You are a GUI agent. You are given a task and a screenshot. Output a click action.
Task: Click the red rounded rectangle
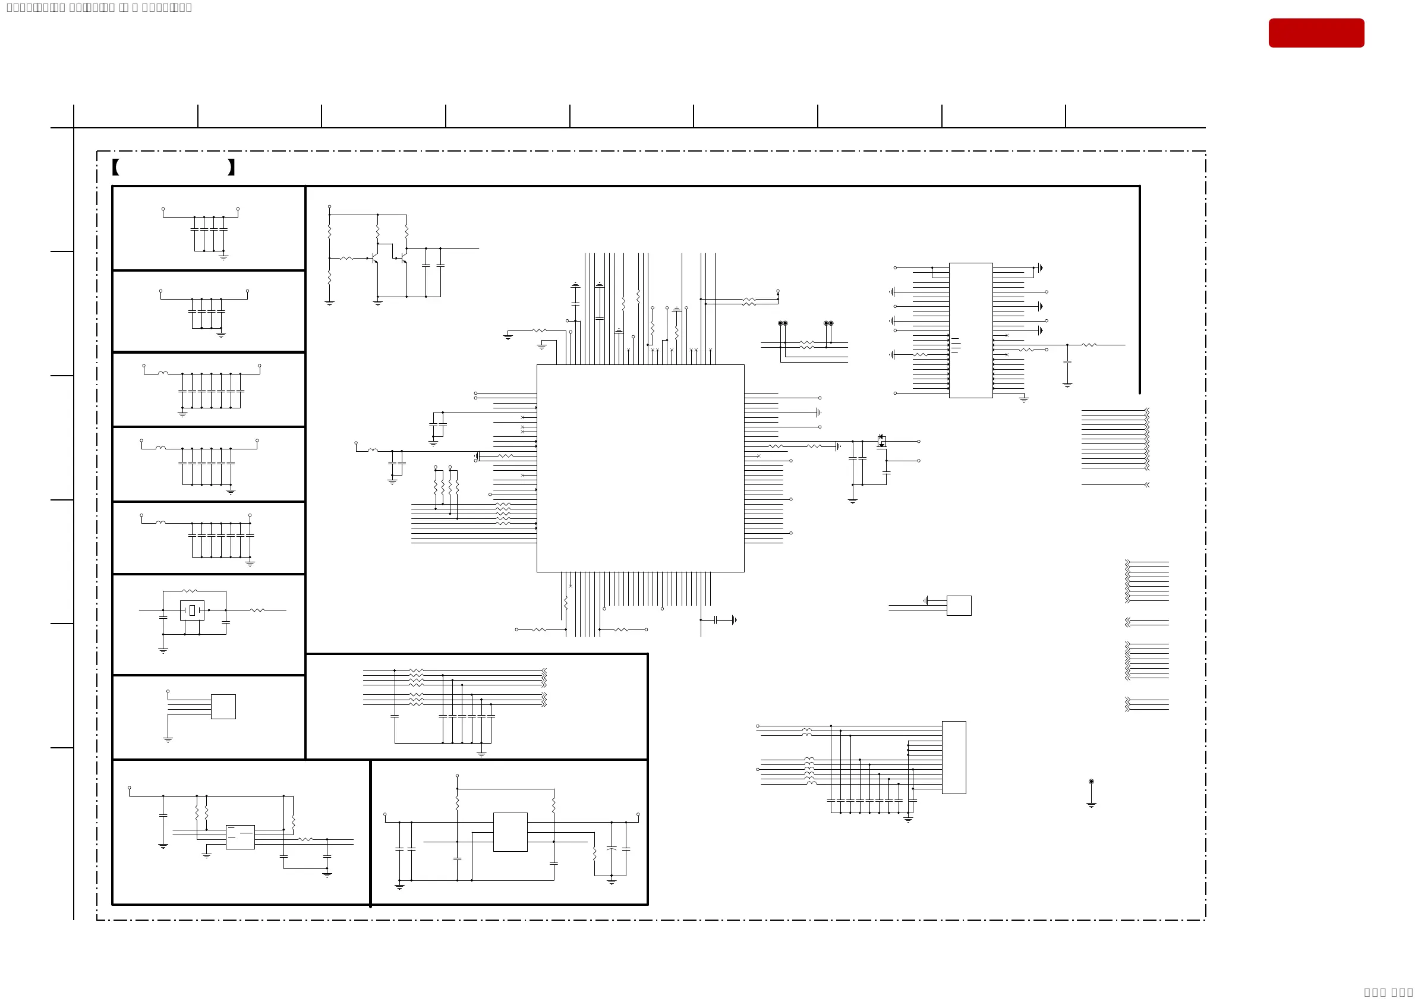click(1316, 33)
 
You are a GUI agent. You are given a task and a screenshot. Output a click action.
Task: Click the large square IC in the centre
click(639, 468)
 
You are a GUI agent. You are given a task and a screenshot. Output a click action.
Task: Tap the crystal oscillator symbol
click(192, 610)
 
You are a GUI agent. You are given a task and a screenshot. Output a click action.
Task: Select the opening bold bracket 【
click(115, 167)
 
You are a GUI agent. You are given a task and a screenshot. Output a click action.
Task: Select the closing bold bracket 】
click(231, 167)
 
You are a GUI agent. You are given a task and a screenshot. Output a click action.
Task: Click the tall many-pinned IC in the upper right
click(970, 330)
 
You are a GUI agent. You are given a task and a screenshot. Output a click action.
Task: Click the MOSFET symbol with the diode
click(881, 441)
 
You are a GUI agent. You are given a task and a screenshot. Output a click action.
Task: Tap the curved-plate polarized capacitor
click(611, 849)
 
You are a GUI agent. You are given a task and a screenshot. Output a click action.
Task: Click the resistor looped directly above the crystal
click(190, 591)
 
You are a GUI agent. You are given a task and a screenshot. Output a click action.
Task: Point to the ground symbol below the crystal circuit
click(163, 650)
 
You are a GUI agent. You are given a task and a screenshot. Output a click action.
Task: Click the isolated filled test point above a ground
click(1091, 782)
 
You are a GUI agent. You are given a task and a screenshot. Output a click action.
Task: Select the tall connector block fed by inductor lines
click(953, 757)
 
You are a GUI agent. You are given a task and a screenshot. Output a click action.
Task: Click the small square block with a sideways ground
click(959, 605)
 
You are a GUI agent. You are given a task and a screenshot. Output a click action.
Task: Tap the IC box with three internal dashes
click(239, 836)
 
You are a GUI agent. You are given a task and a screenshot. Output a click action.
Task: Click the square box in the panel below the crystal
click(223, 706)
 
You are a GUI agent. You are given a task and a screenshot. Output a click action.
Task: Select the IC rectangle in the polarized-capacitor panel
click(510, 832)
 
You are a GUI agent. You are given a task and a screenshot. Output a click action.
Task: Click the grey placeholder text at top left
click(99, 7)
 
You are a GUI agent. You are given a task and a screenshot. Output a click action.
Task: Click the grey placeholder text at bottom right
click(1388, 992)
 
